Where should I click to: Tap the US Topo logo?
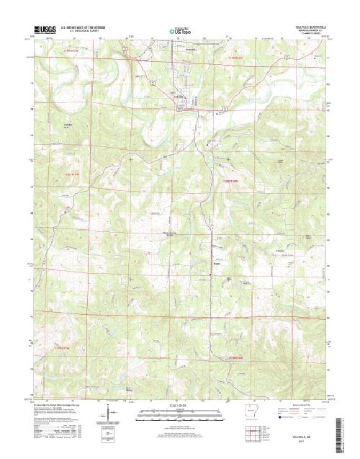[x=180, y=31]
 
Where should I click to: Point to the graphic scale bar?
[x=179, y=411]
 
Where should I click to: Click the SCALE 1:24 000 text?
[x=179, y=406]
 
